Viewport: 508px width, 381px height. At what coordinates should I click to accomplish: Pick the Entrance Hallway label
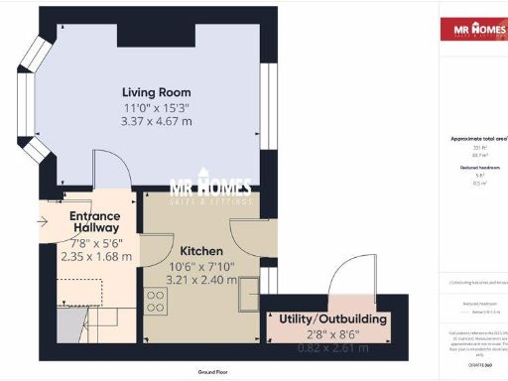coord(94,222)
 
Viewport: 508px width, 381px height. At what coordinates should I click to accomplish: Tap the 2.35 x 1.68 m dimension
coord(94,254)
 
